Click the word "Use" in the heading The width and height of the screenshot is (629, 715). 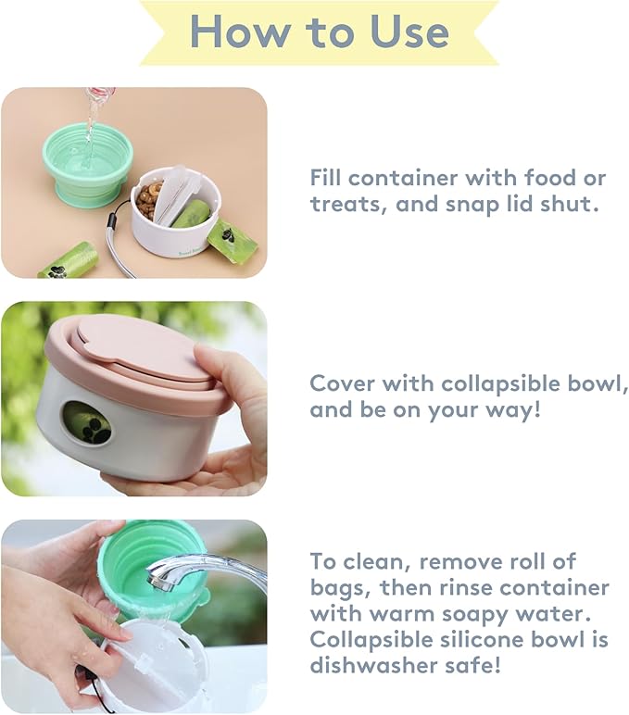(x=407, y=32)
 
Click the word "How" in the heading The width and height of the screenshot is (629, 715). (x=239, y=32)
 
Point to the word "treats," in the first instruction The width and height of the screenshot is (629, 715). (x=347, y=205)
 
